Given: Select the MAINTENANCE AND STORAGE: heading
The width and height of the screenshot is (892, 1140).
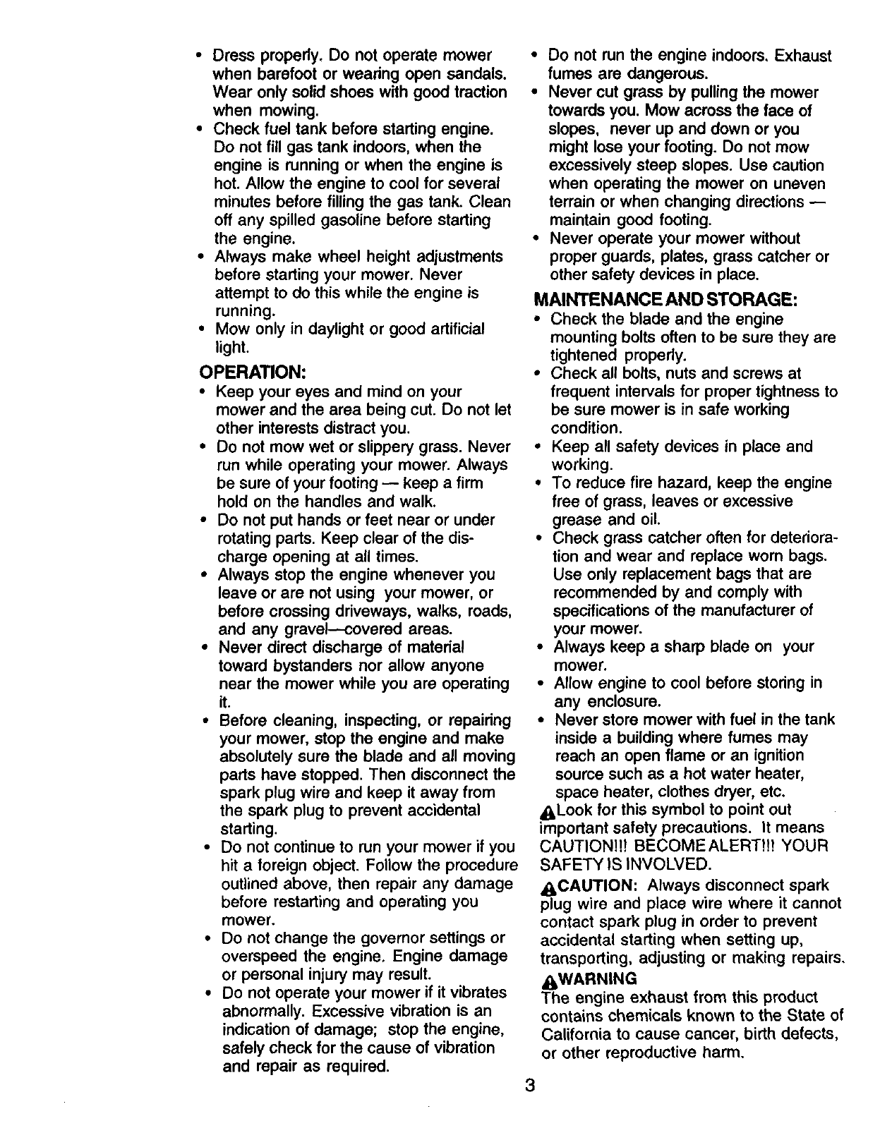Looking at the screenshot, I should (x=666, y=299).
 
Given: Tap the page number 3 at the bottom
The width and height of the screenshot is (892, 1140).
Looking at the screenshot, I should (x=530, y=1084).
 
